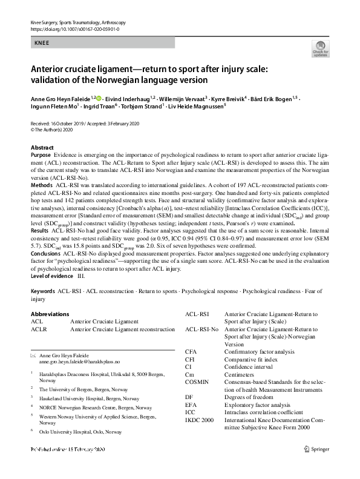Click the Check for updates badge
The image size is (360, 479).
click(320, 48)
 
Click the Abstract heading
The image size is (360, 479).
click(43, 148)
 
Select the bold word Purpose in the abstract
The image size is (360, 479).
click(41, 156)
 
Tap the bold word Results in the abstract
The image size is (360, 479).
click(40, 231)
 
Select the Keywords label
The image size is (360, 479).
click(43, 291)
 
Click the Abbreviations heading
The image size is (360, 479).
click(50, 314)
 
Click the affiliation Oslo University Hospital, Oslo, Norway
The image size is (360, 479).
click(77, 432)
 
